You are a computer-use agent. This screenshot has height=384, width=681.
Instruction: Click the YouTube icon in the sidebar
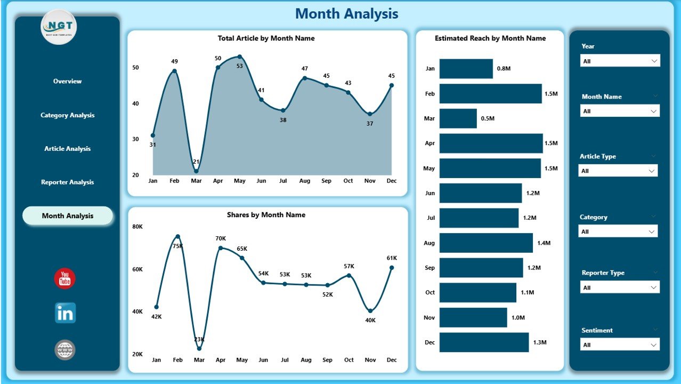pos(64,279)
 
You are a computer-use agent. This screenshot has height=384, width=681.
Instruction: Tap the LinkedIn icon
pos(65,313)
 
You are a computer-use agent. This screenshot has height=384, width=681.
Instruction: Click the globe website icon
pos(65,350)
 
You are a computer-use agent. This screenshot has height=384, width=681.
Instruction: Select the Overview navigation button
pos(67,81)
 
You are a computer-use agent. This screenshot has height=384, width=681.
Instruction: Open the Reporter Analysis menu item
pos(67,182)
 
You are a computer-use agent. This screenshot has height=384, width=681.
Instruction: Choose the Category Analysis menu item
pos(67,115)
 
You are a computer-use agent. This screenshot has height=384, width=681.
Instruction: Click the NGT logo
pos(59,27)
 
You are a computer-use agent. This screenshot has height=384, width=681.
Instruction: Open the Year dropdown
pos(620,61)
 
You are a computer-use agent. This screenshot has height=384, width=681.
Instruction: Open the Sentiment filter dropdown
pos(620,345)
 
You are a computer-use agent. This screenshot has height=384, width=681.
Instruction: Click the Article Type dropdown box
pos(618,171)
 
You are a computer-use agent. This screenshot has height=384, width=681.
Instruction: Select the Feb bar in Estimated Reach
pos(490,94)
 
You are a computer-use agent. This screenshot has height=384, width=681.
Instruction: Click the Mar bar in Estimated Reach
pos(458,118)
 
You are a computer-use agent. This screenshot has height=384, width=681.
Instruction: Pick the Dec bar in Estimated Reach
pos(484,342)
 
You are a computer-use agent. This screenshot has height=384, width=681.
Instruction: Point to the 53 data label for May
pos(240,66)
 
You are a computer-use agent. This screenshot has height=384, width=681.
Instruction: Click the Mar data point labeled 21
pos(196,171)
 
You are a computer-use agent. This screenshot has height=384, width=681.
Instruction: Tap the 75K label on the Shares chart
pos(177,246)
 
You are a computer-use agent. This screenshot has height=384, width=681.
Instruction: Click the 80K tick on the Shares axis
pos(137,227)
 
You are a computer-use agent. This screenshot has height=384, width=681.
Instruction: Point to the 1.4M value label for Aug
pos(544,243)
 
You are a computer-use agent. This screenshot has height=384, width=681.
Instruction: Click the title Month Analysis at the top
pos(346,14)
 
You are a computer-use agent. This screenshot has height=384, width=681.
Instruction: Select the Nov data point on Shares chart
pos(370,311)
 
